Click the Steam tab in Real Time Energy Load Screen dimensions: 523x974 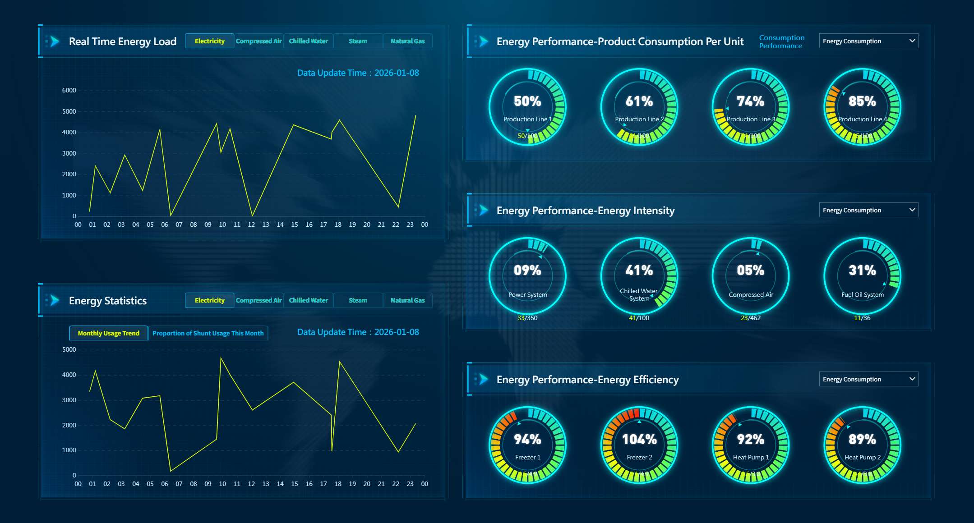point(358,41)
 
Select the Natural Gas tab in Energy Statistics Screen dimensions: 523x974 point(407,300)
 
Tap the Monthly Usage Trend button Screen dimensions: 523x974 point(108,333)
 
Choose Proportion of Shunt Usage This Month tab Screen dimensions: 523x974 point(208,333)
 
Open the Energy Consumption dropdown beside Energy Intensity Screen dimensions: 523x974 point(868,210)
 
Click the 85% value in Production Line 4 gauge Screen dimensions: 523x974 point(862,101)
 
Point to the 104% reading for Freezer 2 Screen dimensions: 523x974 point(639,439)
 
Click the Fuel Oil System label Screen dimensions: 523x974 point(862,295)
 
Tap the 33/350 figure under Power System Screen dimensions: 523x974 point(527,318)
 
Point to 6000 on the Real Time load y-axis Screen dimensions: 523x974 point(69,90)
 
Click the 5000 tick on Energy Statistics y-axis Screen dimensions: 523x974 point(69,349)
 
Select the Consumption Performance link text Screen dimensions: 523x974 point(781,41)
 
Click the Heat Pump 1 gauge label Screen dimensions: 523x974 point(751,457)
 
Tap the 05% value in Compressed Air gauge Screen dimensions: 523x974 point(750,271)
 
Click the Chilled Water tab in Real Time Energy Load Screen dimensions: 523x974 point(308,41)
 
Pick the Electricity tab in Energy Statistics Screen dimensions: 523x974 point(209,300)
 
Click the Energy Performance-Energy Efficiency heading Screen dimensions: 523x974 point(587,380)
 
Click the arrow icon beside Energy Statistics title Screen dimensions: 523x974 point(55,300)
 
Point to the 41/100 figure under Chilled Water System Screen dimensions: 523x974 point(639,318)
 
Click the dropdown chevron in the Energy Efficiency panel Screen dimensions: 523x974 point(912,379)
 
